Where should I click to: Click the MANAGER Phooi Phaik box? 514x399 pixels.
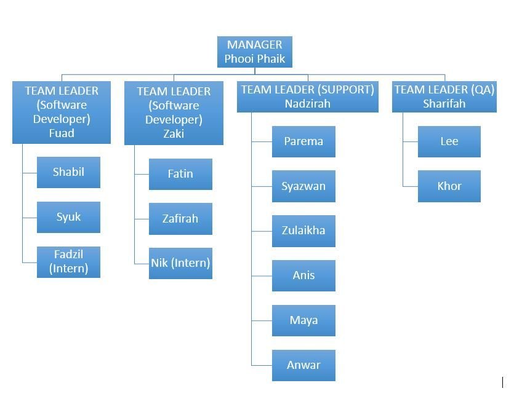pos(254,52)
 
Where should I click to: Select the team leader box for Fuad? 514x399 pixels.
pos(62,112)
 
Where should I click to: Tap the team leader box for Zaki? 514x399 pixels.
pos(174,113)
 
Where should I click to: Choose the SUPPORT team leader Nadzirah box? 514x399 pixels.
pos(307,97)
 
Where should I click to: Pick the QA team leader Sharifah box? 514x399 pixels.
pos(444,97)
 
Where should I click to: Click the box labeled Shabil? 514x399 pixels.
pos(68,172)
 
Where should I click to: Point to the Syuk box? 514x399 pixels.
pos(68,217)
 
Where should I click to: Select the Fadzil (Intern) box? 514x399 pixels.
pos(68,261)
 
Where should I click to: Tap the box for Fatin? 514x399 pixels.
pos(180,174)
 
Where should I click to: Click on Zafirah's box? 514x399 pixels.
pos(180,219)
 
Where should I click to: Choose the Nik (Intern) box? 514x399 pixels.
pos(180,263)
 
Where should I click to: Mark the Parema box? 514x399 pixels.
pos(303,141)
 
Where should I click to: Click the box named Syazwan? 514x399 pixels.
pos(303,186)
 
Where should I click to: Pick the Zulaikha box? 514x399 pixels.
pos(303,231)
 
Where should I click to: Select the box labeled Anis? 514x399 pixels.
pos(303,275)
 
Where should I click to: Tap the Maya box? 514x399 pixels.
pos(303,320)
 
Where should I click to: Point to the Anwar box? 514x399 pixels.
pos(303,365)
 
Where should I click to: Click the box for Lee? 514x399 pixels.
pos(449,141)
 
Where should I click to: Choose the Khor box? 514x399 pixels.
pos(449,186)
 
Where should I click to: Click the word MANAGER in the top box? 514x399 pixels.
pos(254,45)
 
